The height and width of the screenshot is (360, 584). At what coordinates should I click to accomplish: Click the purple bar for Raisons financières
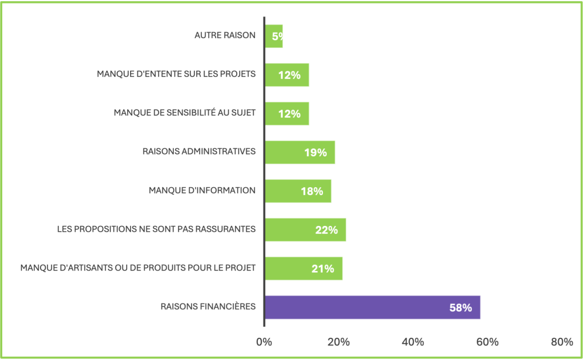372,308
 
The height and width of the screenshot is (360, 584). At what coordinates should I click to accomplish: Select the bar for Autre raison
274,36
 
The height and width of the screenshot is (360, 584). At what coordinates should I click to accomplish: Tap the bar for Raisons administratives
299,152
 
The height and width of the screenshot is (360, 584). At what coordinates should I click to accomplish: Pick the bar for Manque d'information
298,191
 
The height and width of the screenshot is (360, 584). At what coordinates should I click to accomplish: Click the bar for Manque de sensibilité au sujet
286,114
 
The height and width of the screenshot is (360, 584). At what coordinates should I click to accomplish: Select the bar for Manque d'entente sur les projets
286,75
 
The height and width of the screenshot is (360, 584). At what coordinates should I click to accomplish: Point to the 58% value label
460,308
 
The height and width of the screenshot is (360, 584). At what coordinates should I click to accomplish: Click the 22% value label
326,230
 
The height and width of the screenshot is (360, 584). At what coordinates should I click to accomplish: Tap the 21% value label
323,269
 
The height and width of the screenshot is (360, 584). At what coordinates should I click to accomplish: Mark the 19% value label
315,152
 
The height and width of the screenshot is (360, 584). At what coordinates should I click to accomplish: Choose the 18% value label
312,191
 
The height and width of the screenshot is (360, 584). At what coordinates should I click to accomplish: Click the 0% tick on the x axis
264,342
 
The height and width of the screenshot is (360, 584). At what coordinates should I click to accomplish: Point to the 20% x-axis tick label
338,342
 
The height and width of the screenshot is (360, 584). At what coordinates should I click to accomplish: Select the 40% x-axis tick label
413,342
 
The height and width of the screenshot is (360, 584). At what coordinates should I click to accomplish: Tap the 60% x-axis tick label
487,342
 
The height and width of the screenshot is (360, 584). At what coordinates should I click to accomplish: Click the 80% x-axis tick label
562,342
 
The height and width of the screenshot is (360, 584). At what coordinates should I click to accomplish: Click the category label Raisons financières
208,307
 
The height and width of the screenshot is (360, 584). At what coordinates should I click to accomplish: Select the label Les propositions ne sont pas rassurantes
156,229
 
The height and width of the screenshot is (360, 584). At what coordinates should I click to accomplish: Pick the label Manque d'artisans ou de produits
137,268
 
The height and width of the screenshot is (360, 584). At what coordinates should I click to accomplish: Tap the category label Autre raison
225,35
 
